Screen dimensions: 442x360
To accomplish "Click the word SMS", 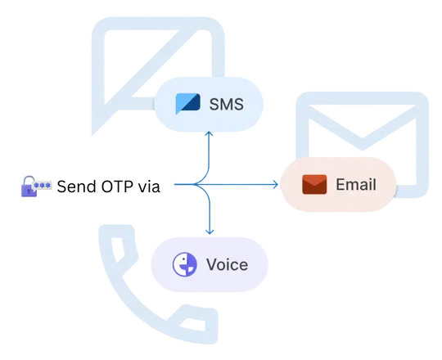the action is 227,104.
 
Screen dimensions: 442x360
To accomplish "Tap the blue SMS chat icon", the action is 187,104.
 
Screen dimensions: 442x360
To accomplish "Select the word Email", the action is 356,185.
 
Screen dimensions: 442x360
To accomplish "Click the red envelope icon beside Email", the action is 314,185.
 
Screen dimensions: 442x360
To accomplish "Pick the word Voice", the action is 227,265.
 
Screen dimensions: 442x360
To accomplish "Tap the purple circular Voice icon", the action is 185,264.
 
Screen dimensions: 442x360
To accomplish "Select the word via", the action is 149,187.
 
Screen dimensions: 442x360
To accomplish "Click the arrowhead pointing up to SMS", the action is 209,133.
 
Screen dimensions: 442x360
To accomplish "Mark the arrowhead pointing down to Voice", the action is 210,232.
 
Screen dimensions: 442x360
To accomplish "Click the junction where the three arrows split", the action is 195,185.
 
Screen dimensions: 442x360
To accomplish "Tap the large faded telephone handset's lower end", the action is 196,324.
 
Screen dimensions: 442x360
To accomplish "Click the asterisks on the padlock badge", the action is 43,186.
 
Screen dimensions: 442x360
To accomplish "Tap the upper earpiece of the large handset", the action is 120,248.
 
